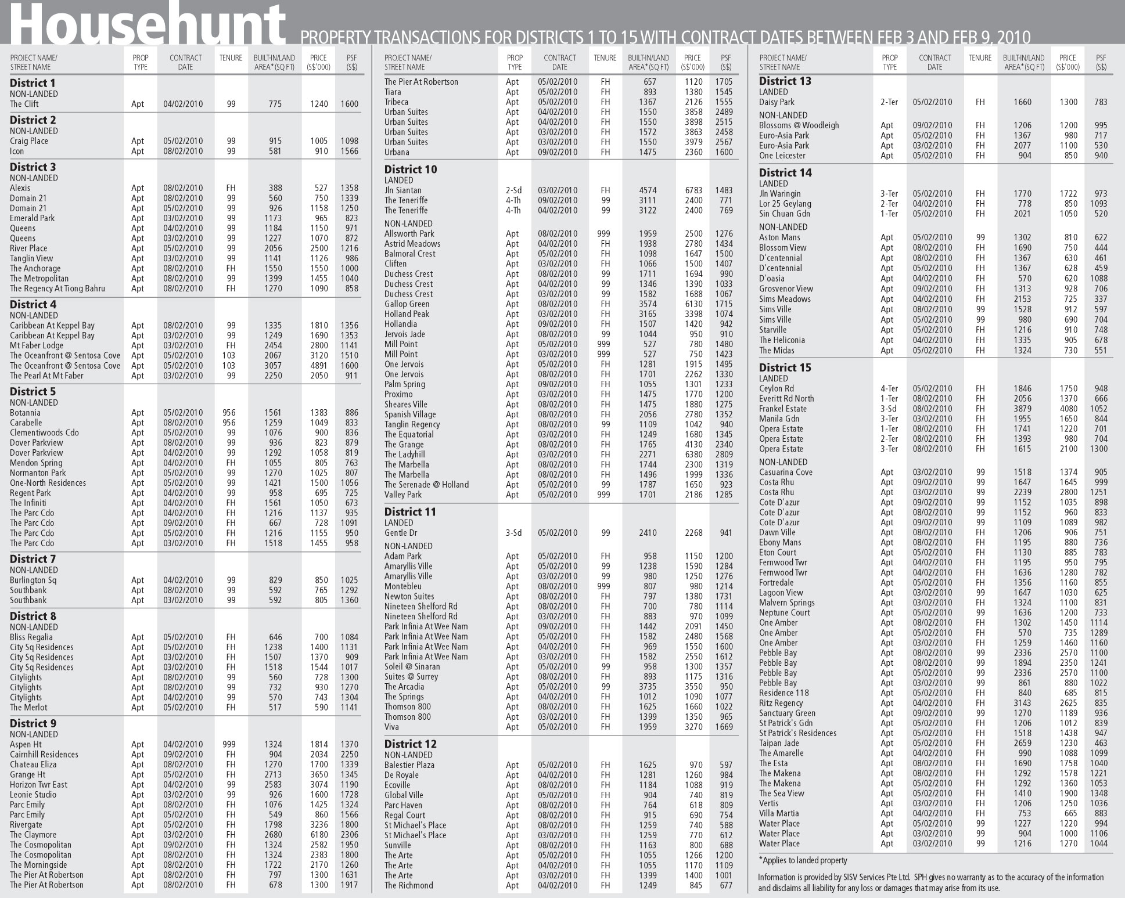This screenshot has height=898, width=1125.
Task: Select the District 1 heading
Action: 33,83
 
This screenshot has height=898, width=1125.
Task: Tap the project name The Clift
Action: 24,104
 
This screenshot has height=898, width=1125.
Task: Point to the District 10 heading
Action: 411,169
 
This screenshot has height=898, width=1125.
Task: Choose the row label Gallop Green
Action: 407,304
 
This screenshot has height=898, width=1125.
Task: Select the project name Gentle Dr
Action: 401,533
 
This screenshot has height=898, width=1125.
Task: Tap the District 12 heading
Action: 411,744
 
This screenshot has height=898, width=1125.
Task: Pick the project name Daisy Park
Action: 777,102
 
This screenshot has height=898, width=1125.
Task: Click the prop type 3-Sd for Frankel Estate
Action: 889,409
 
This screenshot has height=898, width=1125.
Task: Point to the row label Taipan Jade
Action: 779,743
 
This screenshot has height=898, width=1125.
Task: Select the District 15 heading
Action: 785,368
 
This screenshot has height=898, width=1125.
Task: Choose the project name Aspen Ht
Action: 26,744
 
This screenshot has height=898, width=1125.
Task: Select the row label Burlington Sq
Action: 33,580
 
